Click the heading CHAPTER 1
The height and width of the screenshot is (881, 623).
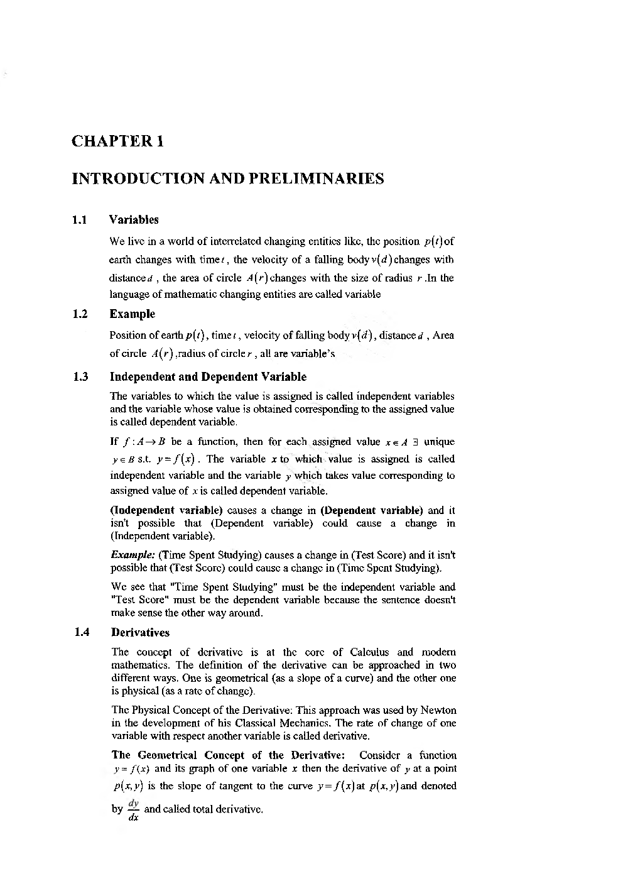(118, 141)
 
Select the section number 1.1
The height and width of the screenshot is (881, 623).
(79, 220)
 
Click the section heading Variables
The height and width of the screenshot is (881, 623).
(134, 220)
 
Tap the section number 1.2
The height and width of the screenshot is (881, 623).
(79, 314)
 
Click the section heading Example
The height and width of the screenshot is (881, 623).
(132, 314)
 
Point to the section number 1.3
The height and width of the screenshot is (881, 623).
(80, 377)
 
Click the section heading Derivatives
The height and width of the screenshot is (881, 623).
(140, 633)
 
